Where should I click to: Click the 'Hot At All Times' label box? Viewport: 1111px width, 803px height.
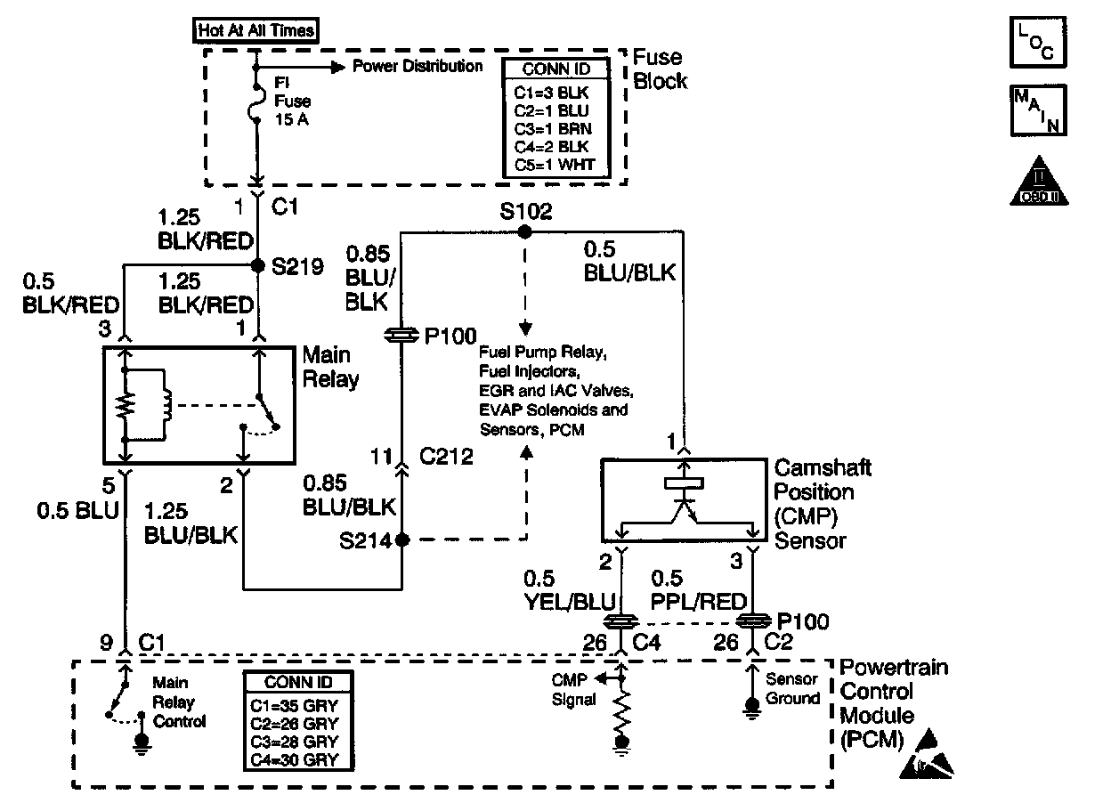pos(255,30)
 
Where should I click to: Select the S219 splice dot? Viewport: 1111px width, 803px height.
pos(257,266)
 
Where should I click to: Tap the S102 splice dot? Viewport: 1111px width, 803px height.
pos(524,231)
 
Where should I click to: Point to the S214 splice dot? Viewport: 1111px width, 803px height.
pos(401,539)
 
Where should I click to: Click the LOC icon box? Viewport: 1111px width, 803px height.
pos(1037,42)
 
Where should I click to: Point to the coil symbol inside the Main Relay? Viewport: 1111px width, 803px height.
pos(166,405)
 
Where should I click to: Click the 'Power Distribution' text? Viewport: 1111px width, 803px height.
pos(418,66)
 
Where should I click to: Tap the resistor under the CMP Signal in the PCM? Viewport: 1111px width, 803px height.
pos(621,711)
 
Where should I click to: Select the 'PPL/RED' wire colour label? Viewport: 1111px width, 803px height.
pos(698,601)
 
